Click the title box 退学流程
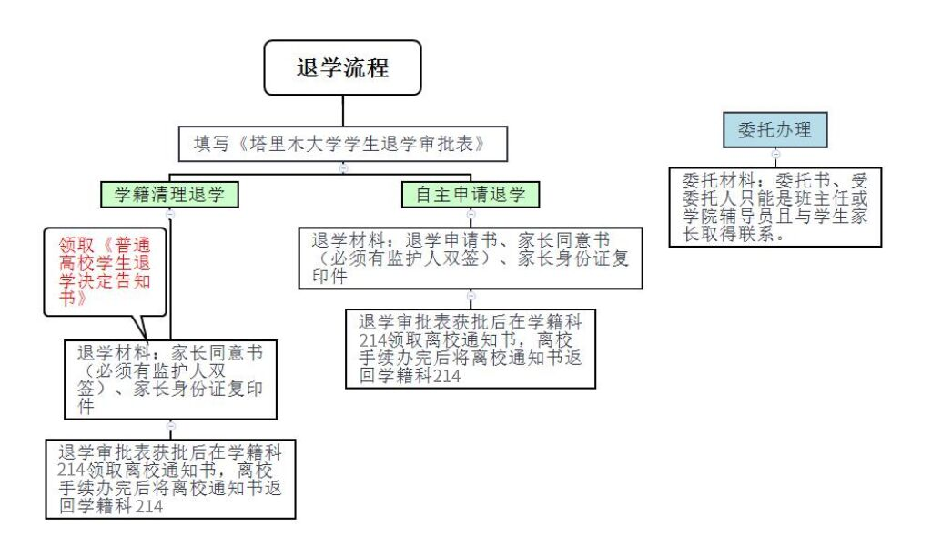[342, 67]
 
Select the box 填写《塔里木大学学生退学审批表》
[343, 144]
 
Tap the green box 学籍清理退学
[170, 194]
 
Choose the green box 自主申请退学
[471, 194]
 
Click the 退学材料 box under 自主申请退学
[471, 258]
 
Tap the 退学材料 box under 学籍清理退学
[170, 380]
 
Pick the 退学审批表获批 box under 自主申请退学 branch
[471, 349]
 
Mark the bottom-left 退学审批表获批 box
[170, 479]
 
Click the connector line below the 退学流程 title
[342, 110]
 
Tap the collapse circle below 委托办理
[775, 155]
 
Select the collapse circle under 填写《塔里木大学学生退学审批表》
[343, 167]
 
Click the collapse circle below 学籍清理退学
[170, 213]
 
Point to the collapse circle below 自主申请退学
[471, 214]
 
